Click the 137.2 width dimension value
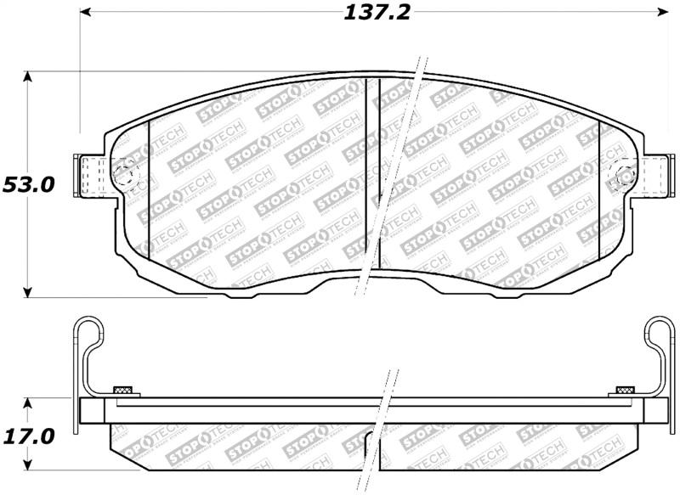click(x=376, y=13)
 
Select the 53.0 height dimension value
click(x=27, y=184)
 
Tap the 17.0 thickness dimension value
click(x=28, y=436)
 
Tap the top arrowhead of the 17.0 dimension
click(x=28, y=402)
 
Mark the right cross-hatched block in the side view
click(x=624, y=391)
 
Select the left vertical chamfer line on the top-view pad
click(x=149, y=187)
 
